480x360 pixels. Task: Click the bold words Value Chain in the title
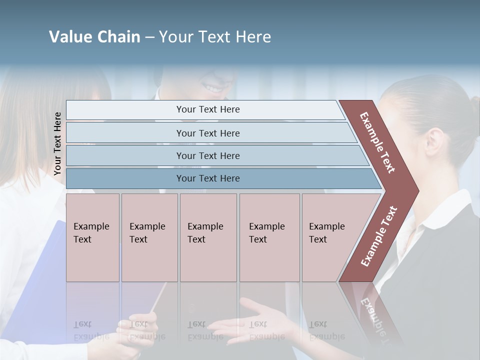[94, 37]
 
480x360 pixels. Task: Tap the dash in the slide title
[149, 37]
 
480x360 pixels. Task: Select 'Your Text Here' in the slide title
[215, 37]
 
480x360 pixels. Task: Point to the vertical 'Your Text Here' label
[57, 144]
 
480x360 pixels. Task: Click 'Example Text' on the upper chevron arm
[377, 142]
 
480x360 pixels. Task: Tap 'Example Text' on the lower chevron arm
[379, 236]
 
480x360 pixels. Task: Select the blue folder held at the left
[35, 280]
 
